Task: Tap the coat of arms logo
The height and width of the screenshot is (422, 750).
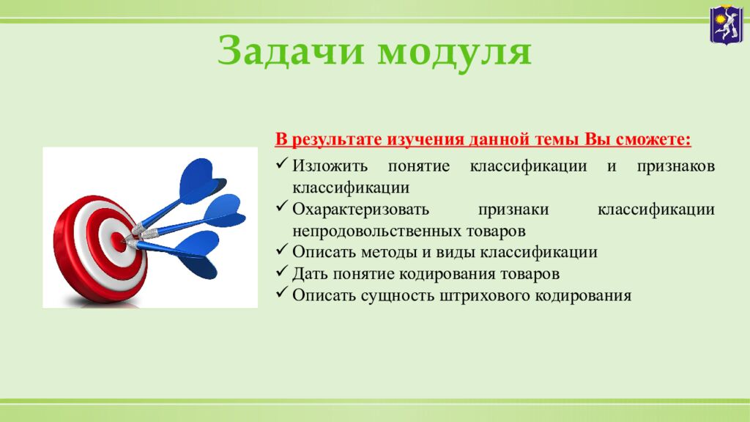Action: pyautogui.click(x=726, y=24)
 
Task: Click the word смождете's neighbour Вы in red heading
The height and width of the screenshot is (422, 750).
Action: pyautogui.click(x=598, y=139)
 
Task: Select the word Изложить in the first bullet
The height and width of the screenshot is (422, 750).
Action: pyautogui.click(x=330, y=166)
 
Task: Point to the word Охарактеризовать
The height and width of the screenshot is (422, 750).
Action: pyautogui.click(x=360, y=210)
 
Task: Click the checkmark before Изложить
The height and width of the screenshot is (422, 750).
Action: pyautogui.click(x=282, y=163)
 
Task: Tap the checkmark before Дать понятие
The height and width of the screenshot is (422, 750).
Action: pyautogui.click(x=282, y=271)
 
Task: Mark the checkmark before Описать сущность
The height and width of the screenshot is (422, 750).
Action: pyautogui.click(x=282, y=292)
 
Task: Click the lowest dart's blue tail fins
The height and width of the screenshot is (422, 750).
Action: pyautogui.click(x=196, y=255)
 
